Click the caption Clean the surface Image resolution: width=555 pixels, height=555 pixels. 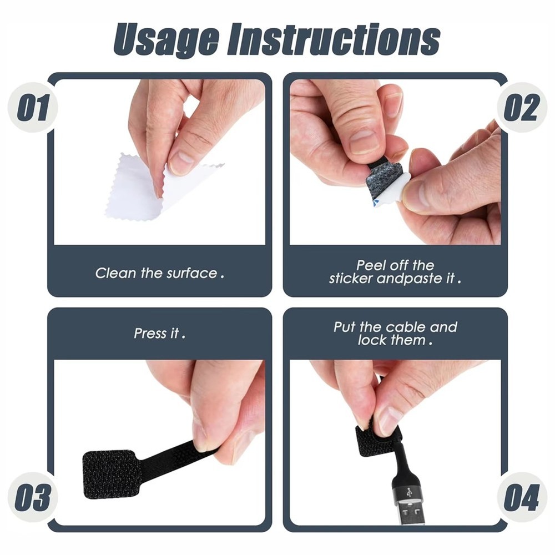click(159, 273)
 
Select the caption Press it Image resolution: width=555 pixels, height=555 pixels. click(159, 334)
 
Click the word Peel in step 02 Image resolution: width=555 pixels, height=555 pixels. click(369, 265)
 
